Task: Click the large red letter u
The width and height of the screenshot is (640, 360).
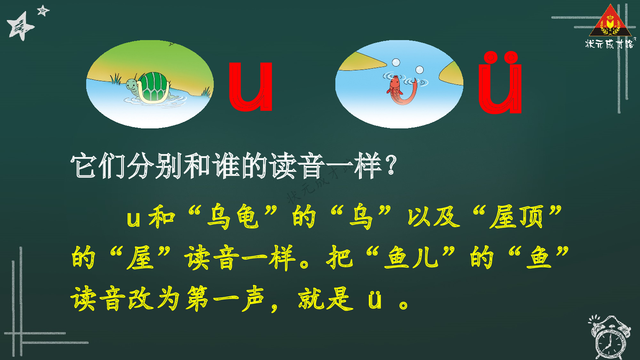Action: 250,87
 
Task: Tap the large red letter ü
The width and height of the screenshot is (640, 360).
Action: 500,85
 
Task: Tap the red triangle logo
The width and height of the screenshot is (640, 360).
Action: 610,21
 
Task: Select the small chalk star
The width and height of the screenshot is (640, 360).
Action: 43,10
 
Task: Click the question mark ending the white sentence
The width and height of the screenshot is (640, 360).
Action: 390,166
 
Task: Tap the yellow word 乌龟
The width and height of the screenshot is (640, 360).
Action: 233,217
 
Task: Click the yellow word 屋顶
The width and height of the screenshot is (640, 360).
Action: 517,217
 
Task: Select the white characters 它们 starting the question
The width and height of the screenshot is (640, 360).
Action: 98,166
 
